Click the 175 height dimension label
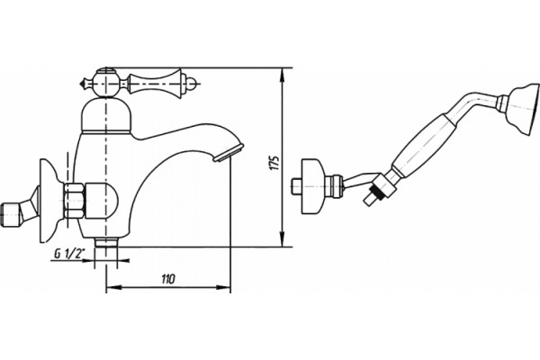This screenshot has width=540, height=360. coord(274,163)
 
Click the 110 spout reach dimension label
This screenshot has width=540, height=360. coord(168,279)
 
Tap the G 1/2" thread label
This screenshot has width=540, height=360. coord(69,254)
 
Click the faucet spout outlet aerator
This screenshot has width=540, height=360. coord(228,153)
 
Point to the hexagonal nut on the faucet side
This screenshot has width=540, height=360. coord(74,201)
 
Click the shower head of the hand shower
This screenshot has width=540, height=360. coord(524,108)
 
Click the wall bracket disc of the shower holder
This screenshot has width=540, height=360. coord(313,186)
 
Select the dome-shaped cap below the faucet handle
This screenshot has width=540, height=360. coord(106,115)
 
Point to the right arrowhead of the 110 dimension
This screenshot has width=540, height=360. coord(223,287)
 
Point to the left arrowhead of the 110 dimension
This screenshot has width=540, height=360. coord(113,287)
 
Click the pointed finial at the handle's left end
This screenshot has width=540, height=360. coord(85,84)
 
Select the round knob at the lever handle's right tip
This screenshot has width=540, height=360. coord(193,83)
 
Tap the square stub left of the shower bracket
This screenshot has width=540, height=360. coord(296,186)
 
